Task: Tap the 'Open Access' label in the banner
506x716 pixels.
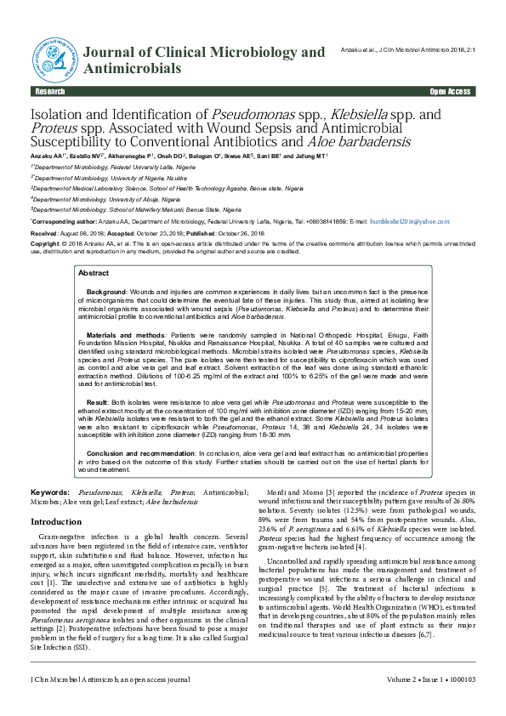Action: pyautogui.click(x=450, y=91)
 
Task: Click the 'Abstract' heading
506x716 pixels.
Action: pyautogui.click(x=94, y=273)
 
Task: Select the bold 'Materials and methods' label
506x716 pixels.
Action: pyautogui.click(x=127, y=337)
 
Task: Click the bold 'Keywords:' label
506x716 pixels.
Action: pyautogui.click(x=49, y=492)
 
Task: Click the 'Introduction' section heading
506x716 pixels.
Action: pyautogui.click(x=56, y=521)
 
